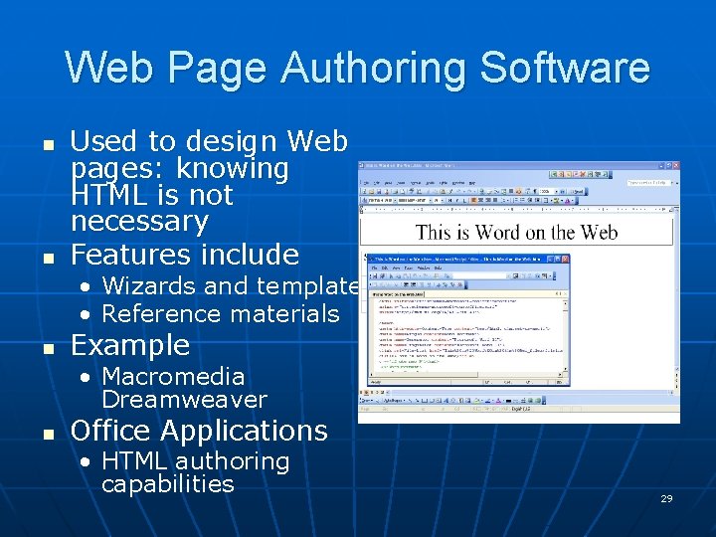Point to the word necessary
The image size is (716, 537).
[x=139, y=220]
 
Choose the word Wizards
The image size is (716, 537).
[x=148, y=286]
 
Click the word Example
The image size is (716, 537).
[x=130, y=345]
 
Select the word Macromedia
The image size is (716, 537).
[x=173, y=377]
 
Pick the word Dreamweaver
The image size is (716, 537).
[x=184, y=400]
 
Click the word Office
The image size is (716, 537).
[x=110, y=431]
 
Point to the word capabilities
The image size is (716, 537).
[x=167, y=484]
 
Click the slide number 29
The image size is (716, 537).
[x=666, y=498]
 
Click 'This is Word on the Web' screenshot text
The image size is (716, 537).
[x=516, y=233]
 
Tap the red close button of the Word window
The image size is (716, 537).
[x=675, y=166]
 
